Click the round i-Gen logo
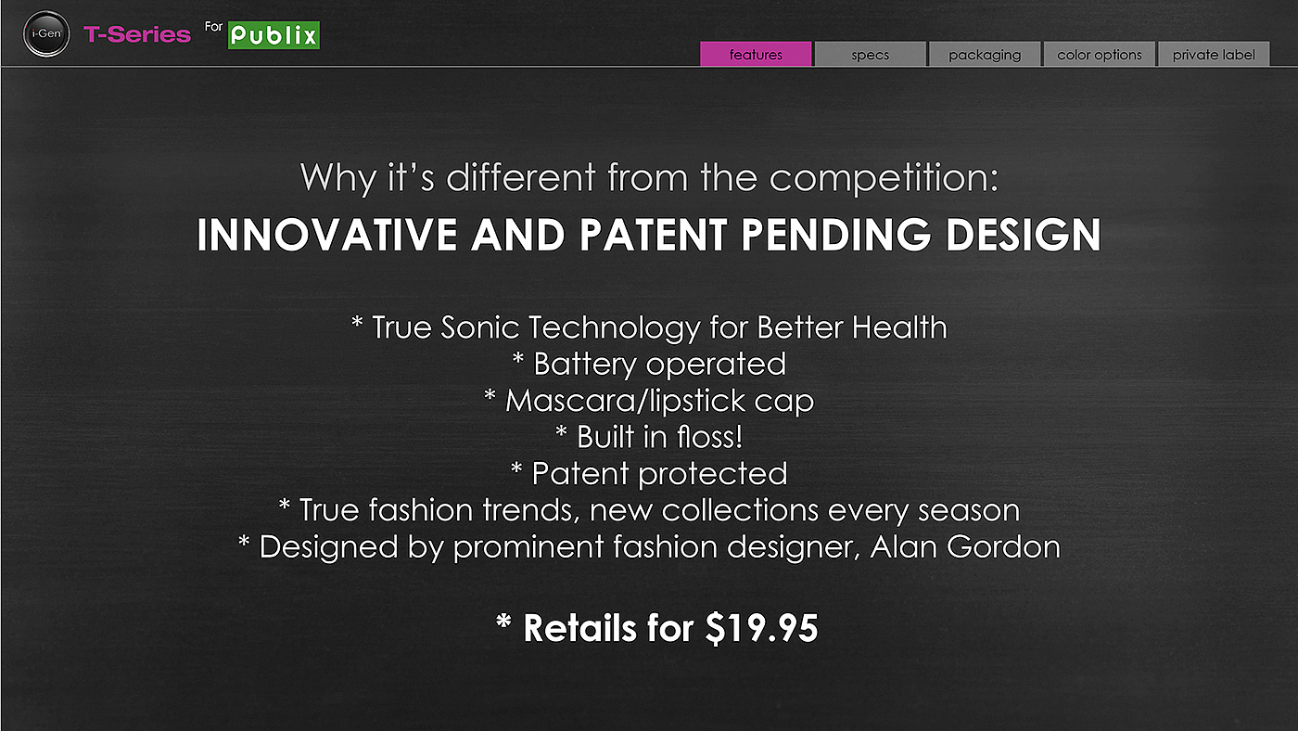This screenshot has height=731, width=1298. point(46,33)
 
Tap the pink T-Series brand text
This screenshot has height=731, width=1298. point(137,34)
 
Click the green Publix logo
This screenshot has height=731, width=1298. point(274,35)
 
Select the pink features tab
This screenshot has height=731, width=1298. point(756,54)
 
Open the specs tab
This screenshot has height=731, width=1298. point(870,54)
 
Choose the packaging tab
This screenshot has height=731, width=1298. point(985,54)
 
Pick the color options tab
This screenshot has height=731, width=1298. point(1100,54)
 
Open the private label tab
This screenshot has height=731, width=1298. point(1214,54)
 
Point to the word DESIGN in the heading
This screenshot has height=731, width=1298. point(1023,235)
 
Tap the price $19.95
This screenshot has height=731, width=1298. point(761,628)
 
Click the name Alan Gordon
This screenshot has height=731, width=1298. point(965,546)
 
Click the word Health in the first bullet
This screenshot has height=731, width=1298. point(899,327)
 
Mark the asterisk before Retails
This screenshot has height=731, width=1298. point(503,622)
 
